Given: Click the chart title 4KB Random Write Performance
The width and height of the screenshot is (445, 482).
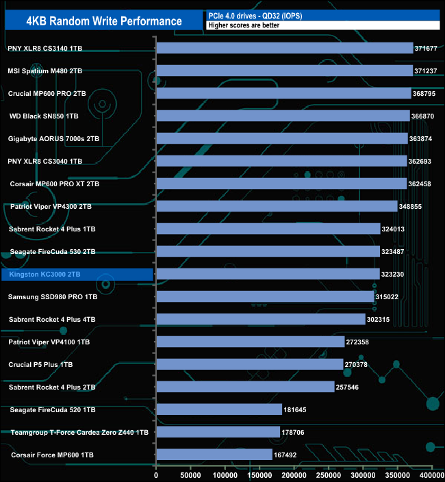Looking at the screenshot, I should [x=104, y=21].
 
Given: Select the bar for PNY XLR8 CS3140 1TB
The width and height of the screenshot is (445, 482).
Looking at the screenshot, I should [x=285, y=48].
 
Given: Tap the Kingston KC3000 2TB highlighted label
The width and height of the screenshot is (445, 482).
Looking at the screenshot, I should [x=45, y=275].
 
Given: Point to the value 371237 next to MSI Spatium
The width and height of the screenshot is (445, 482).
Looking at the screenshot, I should [x=426, y=71].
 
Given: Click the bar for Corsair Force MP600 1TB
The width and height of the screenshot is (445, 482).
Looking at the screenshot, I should [x=214, y=455].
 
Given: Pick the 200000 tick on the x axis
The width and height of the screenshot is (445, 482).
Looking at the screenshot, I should [x=294, y=474].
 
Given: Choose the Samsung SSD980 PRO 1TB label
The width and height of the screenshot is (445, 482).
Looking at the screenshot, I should [x=53, y=297].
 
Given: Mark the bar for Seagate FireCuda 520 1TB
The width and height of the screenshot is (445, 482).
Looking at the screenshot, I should [x=219, y=409].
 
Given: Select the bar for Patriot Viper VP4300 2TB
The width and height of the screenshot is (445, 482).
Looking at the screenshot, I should [x=277, y=206].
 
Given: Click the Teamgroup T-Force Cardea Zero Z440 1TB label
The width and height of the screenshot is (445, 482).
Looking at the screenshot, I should [x=80, y=433].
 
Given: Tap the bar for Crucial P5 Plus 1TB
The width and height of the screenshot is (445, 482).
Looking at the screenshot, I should [x=250, y=364].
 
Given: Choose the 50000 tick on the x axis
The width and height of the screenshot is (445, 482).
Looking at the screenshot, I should [x=191, y=474].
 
